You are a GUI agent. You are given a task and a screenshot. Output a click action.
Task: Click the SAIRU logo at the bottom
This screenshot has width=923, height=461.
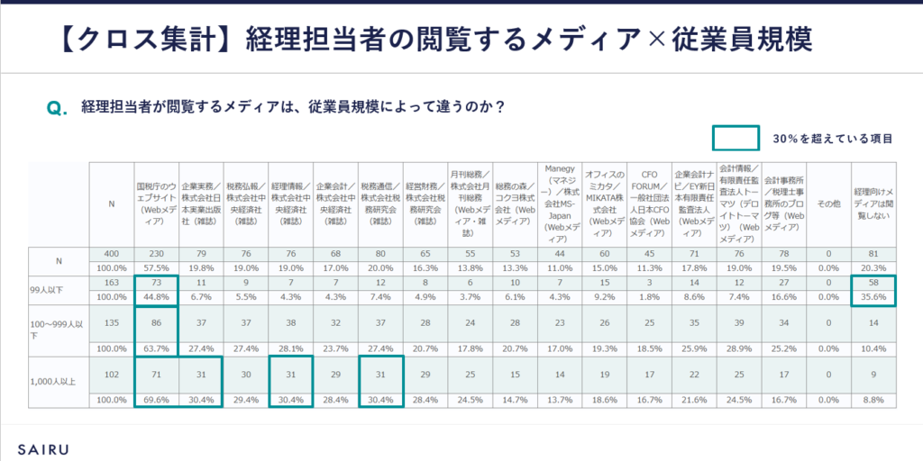[43, 447]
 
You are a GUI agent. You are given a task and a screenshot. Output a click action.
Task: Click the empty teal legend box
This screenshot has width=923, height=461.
[736, 139]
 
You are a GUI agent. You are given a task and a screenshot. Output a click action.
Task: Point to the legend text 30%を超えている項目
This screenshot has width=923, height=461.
[832, 139]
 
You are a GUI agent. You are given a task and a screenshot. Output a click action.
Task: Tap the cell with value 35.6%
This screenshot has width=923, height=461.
[873, 296]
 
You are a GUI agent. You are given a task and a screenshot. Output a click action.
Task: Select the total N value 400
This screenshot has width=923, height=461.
[112, 254]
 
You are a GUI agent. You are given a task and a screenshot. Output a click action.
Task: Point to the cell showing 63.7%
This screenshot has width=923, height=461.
[156, 348]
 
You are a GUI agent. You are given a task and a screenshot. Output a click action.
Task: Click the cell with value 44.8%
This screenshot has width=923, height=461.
[156, 296]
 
